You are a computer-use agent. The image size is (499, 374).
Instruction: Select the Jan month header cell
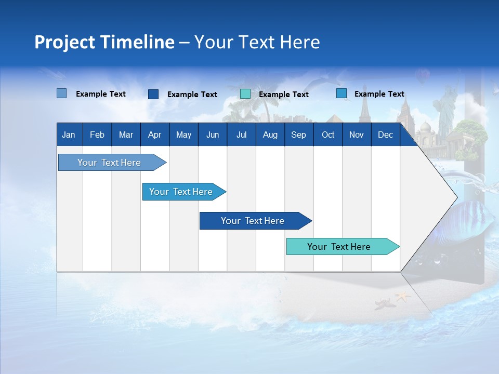[69, 135]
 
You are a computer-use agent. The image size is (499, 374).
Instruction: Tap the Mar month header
[126, 135]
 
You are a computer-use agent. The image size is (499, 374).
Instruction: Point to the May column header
[183, 135]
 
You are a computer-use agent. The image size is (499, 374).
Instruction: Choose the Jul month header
[241, 135]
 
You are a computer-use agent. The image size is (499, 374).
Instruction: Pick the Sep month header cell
[298, 135]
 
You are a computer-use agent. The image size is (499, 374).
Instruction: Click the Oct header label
[328, 135]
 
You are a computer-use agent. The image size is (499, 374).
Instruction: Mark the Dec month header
[385, 135]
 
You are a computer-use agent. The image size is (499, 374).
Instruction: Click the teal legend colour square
[245, 94]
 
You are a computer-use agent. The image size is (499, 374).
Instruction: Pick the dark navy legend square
[153, 94]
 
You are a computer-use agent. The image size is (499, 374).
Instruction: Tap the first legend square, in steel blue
[62, 94]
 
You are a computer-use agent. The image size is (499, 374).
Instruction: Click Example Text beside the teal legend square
[283, 95]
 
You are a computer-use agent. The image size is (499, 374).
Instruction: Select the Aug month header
[270, 135]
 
